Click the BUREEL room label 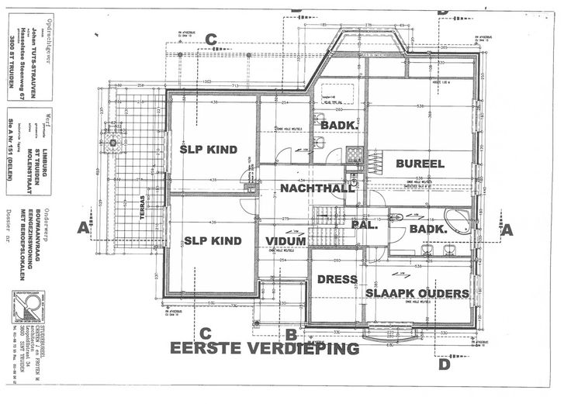(x=420, y=164)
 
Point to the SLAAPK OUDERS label (x=417, y=293)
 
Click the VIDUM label (x=285, y=241)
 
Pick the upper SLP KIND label (x=208, y=149)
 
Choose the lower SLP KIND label (x=213, y=240)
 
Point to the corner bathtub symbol (x=457, y=220)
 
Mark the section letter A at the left (x=83, y=227)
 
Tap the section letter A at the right (x=507, y=230)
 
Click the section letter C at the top (x=211, y=40)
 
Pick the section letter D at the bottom (x=444, y=363)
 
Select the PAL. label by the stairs (x=365, y=226)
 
